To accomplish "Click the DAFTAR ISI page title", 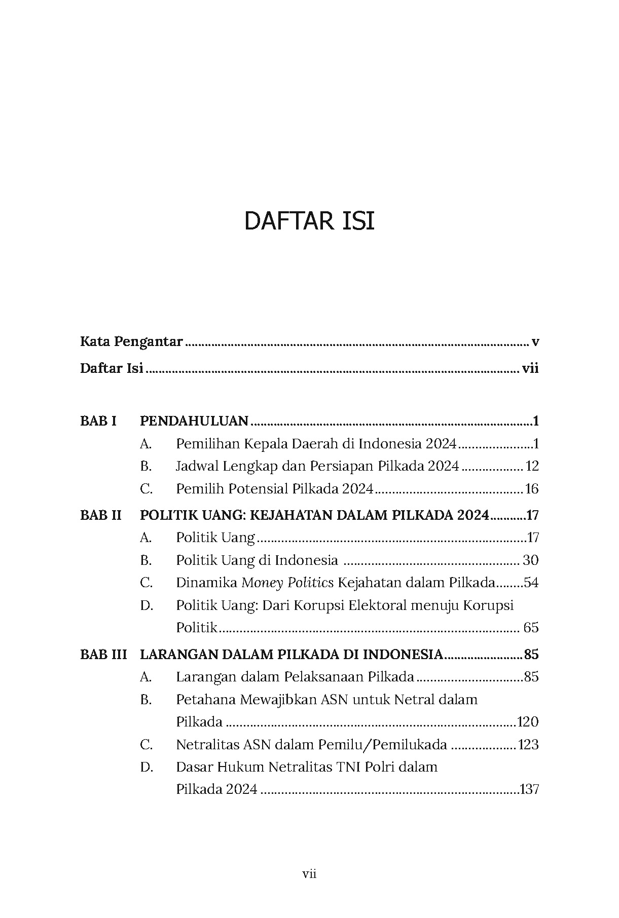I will pyautogui.click(x=309, y=222).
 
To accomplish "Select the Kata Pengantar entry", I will pyautogui.click(x=131, y=342).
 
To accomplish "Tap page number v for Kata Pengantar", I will pyautogui.click(x=535, y=342).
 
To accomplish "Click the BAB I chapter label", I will pyautogui.click(x=98, y=421).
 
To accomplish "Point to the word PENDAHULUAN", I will pyautogui.click(x=194, y=421).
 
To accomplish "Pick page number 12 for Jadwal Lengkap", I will pyautogui.click(x=532, y=466).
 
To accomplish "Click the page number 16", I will pyautogui.click(x=532, y=489).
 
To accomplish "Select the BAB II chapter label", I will pyautogui.click(x=101, y=515).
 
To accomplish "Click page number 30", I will pyautogui.click(x=531, y=560).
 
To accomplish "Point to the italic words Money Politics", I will pyautogui.click(x=287, y=583).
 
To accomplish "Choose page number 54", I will pyautogui.click(x=531, y=583).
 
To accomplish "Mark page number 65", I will pyautogui.click(x=531, y=628).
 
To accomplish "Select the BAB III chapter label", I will pyautogui.click(x=103, y=655).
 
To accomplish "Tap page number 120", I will pyautogui.click(x=528, y=722).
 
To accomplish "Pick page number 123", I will pyautogui.click(x=528, y=745).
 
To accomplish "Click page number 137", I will pyautogui.click(x=529, y=789).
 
